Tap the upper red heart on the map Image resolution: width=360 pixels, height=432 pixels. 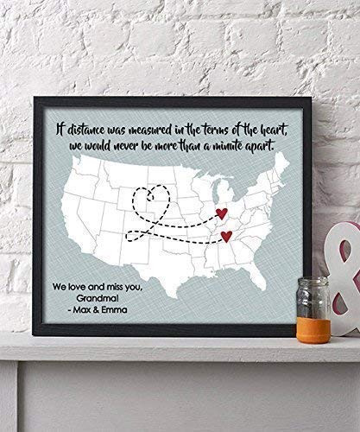221,210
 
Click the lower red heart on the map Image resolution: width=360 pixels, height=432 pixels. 226,236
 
